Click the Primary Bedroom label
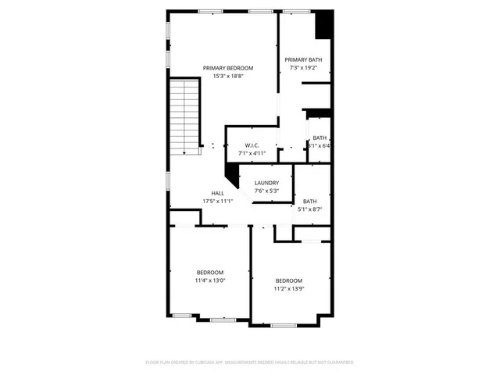pyautogui.click(x=228, y=68)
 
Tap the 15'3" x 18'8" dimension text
pyautogui.click(x=228, y=76)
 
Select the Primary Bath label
pyautogui.click(x=303, y=59)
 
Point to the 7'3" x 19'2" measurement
pyautogui.click(x=303, y=67)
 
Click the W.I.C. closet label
pyautogui.click(x=252, y=145)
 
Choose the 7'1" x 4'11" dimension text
pyautogui.click(x=252, y=153)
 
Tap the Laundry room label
pyautogui.click(x=266, y=183)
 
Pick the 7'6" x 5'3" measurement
pyautogui.click(x=266, y=191)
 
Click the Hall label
pyautogui.click(x=218, y=193)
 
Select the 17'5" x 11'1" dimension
pyautogui.click(x=218, y=201)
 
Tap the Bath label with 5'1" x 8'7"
pyautogui.click(x=310, y=201)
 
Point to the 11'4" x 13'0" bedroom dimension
pyautogui.click(x=209, y=280)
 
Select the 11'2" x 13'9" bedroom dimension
pyautogui.click(x=289, y=288)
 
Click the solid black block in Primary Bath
pyautogui.click(x=323, y=24)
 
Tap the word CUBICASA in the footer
pyautogui.click(x=206, y=362)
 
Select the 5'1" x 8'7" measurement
pyautogui.click(x=310, y=209)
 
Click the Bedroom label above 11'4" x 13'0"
pyautogui.click(x=209, y=272)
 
